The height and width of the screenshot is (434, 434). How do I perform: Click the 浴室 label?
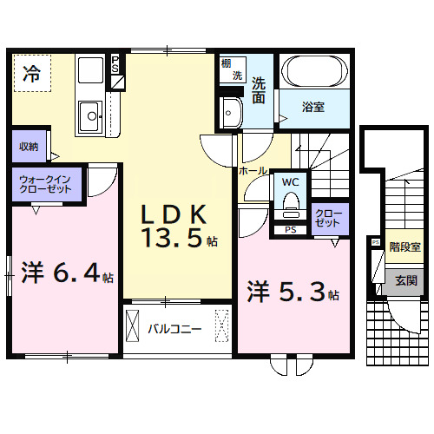[x=312, y=108]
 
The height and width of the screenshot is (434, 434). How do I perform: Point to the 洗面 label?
[x=260, y=91]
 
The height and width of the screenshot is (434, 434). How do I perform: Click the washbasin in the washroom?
[x=232, y=112]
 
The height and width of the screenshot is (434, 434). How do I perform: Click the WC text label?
[x=289, y=182]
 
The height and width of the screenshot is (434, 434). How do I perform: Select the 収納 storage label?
[x=28, y=147]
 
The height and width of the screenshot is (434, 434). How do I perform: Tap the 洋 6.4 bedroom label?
[x=61, y=275]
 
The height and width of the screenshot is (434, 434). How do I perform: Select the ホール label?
[x=253, y=172]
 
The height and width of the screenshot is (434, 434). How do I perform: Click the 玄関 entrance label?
[x=405, y=280]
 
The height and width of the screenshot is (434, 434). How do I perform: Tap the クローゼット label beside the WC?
[x=327, y=217]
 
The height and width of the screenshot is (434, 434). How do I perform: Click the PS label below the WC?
[x=290, y=230]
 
